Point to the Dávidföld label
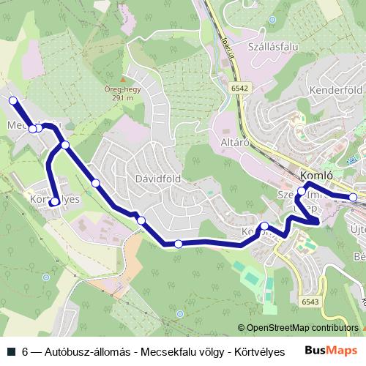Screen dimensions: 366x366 coord(157,178)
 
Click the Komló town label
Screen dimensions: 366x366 coord(317,176)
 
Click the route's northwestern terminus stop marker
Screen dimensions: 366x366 coord(12,100)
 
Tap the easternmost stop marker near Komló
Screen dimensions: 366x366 coord(353,197)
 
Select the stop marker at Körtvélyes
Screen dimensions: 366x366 coord(55,202)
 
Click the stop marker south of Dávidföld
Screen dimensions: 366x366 coord(179,244)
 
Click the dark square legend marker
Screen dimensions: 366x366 coord(11,351)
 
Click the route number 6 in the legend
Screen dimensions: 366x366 coord(26,351)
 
